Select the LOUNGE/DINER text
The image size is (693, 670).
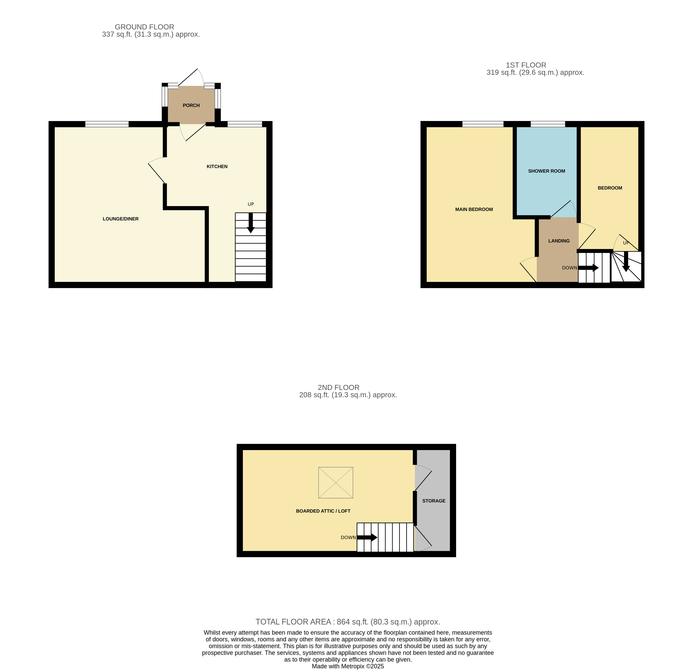pos(121,219)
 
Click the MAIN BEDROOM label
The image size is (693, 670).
pos(474,209)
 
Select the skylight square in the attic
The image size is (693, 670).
pos(336,483)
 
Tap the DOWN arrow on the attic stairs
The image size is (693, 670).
pos(367,537)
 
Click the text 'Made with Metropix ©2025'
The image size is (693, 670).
pos(348,666)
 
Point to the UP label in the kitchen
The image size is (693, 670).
pos(251,204)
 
